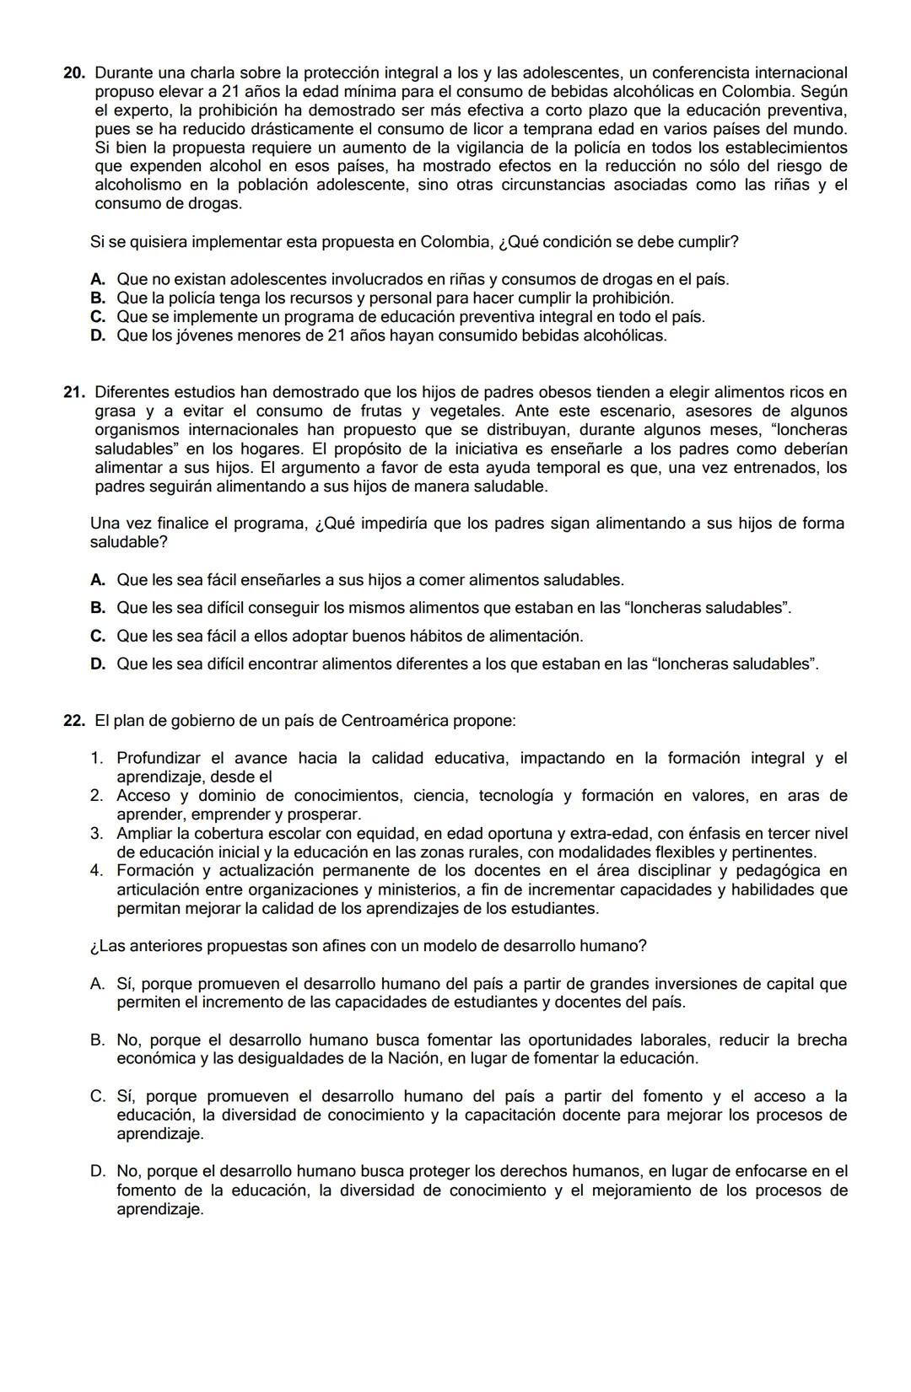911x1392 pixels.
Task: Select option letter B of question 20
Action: [97, 298]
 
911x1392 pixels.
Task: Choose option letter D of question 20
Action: [97, 336]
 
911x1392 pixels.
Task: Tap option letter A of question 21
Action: [97, 580]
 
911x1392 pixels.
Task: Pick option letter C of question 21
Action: [97, 636]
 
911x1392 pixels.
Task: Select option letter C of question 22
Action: [97, 1097]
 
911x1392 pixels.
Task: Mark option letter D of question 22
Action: [97, 1171]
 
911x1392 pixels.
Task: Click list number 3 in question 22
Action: [96, 834]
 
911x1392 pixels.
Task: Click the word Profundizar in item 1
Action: [159, 759]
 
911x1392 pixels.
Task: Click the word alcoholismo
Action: [137, 185]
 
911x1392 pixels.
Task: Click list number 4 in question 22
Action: [96, 871]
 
